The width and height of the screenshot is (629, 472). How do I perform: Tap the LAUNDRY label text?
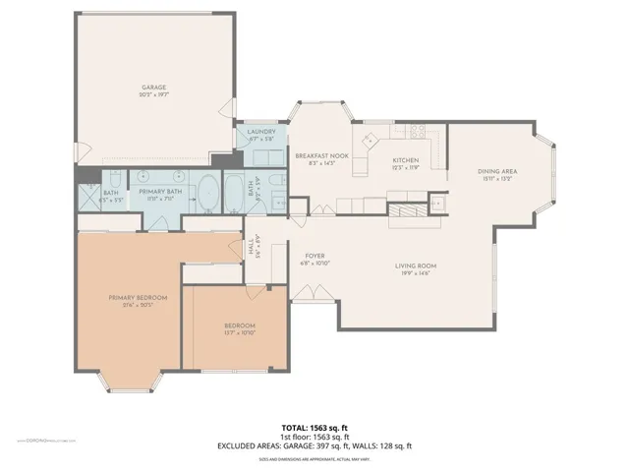tap(261, 133)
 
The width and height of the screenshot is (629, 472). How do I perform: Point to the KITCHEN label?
tap(406, 160)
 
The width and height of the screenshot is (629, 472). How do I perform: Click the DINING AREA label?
tap(497, 172)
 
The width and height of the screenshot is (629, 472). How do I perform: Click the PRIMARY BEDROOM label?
tap(137, 297)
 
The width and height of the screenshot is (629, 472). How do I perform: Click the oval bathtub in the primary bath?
tap(208, 194)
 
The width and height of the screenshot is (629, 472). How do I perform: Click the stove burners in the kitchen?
tap(373, 138)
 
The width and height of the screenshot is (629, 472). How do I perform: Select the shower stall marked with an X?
tap(89, 187)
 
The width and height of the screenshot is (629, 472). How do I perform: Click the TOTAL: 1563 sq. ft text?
tap(314, 428)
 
